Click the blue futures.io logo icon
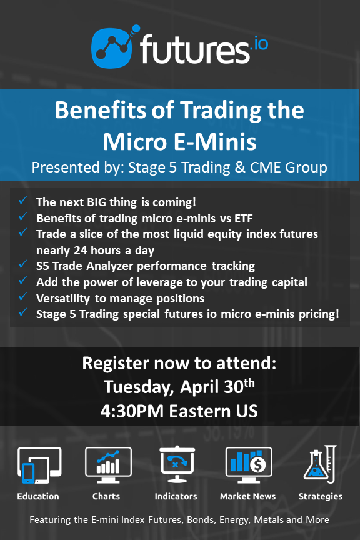click(x=112, y=47)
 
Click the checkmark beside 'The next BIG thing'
click(x=23, y=200)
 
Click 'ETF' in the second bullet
click(x=244, y=218)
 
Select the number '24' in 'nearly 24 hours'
click(x=81, y=251)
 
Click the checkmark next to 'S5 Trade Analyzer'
click(x=23, y=264)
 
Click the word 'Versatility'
click(x=63, y=298)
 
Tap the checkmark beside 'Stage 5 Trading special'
click(x=23, y=312)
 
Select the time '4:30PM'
click(x=132, y=411)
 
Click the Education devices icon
click(x=39, y=465)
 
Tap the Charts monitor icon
click(x=108, y=465)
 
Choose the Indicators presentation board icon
click(x=177, y=464)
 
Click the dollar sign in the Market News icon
click(x=257, y=465)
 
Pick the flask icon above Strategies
click(x=320, y=464)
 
